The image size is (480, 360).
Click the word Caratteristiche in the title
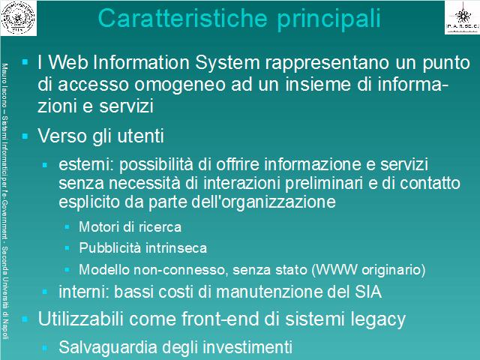tap(183, 18)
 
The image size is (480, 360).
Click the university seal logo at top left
tap(18, 18)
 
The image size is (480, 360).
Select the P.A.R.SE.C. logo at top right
tap(462, 18)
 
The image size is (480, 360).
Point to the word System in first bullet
tap(227, 62)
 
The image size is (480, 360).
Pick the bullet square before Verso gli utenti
tap(25, 136)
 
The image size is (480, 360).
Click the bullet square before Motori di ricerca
tap(67, 226)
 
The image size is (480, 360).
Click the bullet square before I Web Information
tap(25, 62)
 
